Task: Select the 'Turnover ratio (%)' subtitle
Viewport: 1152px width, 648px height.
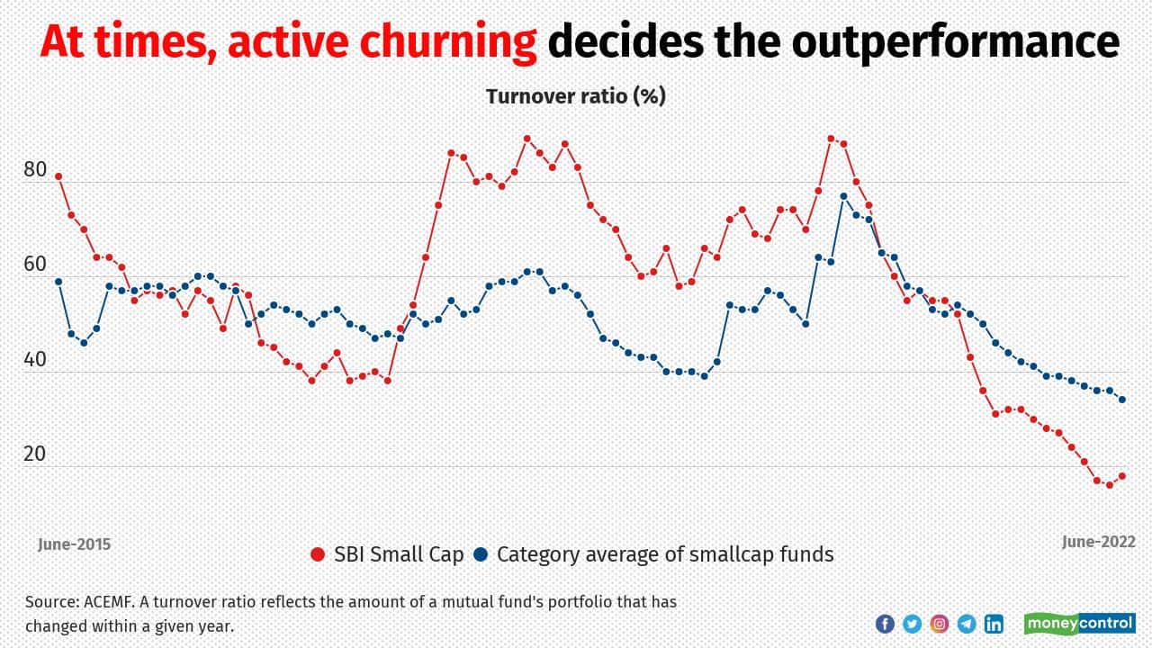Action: [576, 96]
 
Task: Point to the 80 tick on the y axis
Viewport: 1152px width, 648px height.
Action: [35, 169]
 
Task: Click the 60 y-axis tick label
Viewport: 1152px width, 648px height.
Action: [35, 264]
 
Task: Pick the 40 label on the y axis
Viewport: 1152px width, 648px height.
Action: [35, 359]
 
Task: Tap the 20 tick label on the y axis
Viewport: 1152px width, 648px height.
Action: [35, 454]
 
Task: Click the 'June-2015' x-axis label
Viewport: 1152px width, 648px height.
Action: [74, 544]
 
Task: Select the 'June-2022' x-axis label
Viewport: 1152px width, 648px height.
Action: [1098, 542]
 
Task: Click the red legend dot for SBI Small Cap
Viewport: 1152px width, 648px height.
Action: [316, 554]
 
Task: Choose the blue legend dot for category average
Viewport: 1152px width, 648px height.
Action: [481, 554]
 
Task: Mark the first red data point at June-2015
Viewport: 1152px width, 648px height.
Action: [58, 176]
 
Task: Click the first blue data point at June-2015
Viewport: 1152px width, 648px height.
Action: [58, 282]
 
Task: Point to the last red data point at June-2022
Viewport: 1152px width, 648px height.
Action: [1122, 476]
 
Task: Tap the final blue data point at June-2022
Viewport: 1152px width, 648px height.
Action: [1122, 400]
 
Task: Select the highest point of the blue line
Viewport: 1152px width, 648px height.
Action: [843, 196]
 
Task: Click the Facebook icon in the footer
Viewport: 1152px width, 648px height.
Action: [885, 623]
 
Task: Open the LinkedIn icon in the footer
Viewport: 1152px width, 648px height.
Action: [994, 623]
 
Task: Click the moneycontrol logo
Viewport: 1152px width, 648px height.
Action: [1079, 623]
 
